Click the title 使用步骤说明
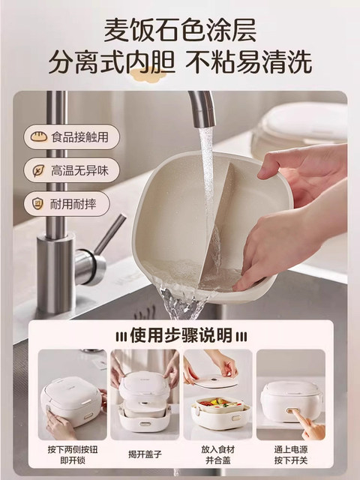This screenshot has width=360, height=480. point(180,333)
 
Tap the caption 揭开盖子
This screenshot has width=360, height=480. point(145,454)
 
